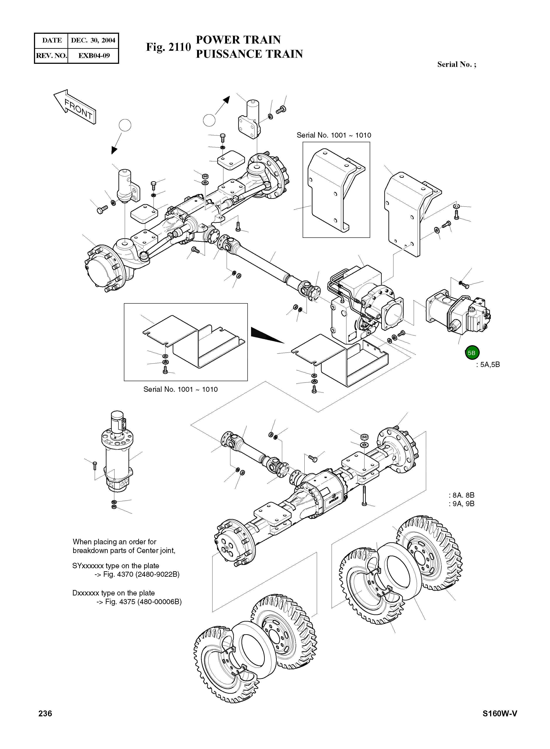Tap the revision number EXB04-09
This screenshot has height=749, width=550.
94,56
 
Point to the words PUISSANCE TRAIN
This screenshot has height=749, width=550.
249,54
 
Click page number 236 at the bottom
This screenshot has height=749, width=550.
45,723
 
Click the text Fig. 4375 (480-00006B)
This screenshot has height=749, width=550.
139,602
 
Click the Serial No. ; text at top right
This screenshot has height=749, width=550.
456,65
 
